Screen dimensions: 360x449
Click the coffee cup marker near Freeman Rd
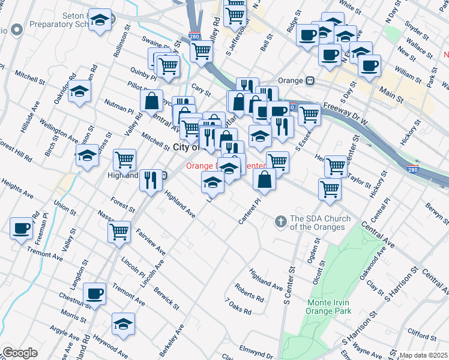(x=22, y=229)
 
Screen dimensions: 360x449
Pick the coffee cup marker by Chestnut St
(x=95, y=294)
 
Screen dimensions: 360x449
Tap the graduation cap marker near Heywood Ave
(x=123, y=324)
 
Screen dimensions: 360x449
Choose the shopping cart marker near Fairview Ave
(x=119, y=231)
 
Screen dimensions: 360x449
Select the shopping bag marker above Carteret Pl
(x=265, y=178)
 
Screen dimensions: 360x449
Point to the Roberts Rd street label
(x=250, y=292)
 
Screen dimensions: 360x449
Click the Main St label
(x=391, y=91)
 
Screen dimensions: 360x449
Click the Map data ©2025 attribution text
(x=423, y=355)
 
